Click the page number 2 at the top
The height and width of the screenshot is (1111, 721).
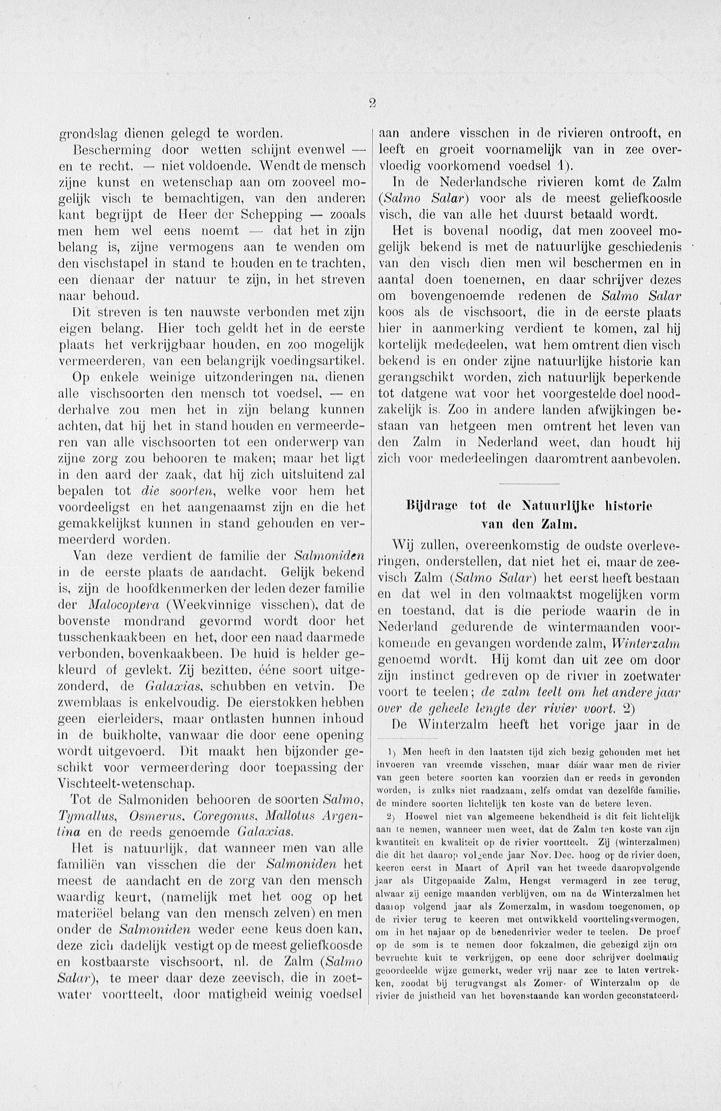click(373, 105)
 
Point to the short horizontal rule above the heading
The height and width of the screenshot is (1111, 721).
click(529, 483)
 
